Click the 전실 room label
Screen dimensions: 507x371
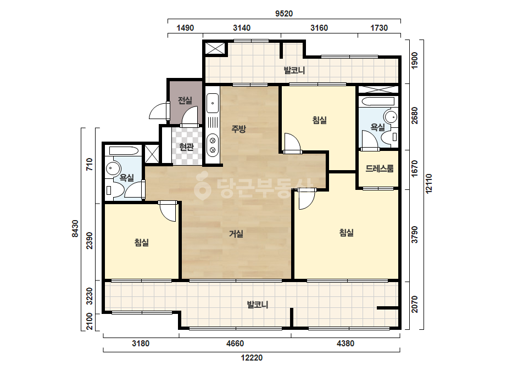(185, 100)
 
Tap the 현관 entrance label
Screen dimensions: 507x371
(187, 147)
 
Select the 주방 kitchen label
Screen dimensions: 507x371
(238, 129)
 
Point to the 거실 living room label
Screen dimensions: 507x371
(236, 233)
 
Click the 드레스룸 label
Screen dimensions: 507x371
(379, 168)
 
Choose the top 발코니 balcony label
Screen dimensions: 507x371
(294, 70)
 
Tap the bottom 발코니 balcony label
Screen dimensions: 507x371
(258, 305)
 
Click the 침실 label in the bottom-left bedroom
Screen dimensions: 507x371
(141, 242)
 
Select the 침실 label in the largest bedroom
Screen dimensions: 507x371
(346, 232)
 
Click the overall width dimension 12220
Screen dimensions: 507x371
(252, 358)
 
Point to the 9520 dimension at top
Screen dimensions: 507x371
(284, 14)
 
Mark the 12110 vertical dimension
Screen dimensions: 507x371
(429, 183)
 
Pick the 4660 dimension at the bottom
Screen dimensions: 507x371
(235, 344)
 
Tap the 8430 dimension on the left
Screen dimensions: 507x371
(75, 228)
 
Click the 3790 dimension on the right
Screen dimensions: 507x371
(415, 235)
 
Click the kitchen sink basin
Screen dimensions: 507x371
(213, 103)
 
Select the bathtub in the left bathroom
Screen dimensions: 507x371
(124, 150)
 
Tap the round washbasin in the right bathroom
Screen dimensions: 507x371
(391, 116)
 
